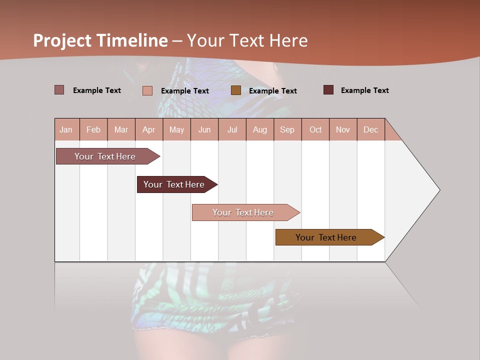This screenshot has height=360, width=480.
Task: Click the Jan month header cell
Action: [66, 129]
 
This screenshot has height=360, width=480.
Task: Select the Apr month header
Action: [149, 129]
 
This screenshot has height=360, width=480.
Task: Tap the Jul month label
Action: [232, 129]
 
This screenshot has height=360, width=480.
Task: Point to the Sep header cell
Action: [287, 129]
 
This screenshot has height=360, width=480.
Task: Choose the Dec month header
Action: [370, 129]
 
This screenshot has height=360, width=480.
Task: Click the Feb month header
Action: [93, 129]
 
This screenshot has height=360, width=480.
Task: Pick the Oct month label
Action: [315, 129]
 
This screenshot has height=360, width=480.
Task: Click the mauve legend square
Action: [59, 90]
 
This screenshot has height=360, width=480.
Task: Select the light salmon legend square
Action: [147, 90]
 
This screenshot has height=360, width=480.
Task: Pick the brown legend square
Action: [236, 90]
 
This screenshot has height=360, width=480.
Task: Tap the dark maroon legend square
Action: [328, 90]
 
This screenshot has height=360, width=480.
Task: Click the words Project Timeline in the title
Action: [100, 40]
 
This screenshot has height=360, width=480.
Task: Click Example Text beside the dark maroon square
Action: [364, 90]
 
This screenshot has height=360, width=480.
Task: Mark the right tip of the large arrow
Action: [439, 190]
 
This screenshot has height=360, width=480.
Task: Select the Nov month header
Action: [343, 129]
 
